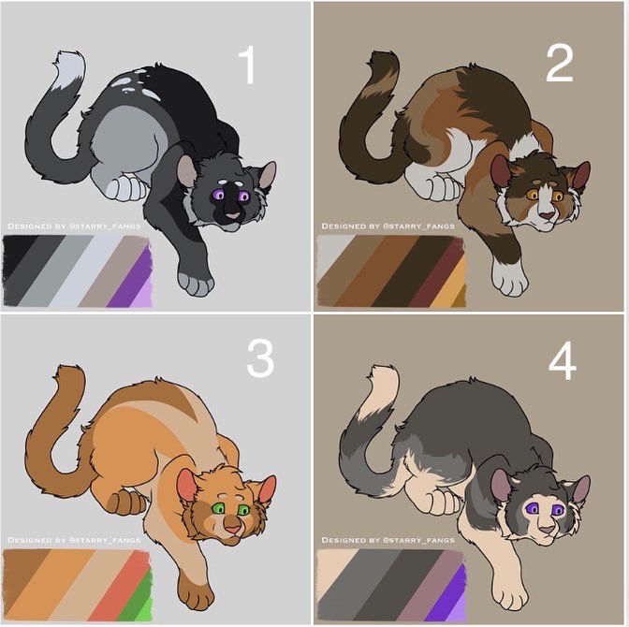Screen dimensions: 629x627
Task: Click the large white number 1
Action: [x=247, y=65]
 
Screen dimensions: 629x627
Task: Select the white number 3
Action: [x=260, y=358]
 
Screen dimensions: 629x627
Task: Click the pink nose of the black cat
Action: [x=233, y=215]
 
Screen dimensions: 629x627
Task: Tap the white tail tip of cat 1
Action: [x=69, y=67]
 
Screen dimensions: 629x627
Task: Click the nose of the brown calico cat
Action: [x=546, y=215]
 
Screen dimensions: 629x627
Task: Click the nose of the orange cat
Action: [x=233, y=529]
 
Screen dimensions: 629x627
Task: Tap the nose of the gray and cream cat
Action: [x=546, y=530]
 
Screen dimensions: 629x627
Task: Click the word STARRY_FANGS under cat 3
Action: [x=106, y=540]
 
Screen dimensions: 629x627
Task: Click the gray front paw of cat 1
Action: [x=196, y=284]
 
